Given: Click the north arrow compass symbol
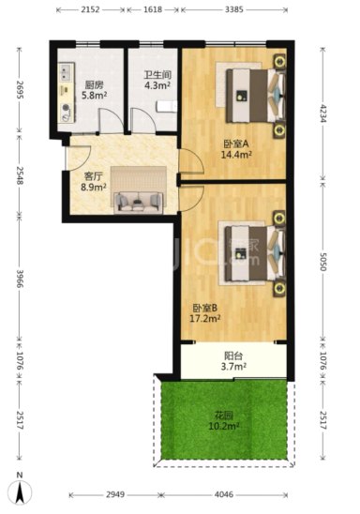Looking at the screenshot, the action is click(x=21, y=491).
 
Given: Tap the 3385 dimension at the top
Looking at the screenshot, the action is click(x=234, y=9).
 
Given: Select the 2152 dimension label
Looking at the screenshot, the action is click(x=90, y=9).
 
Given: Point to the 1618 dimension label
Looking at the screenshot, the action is click(x=153, y=9).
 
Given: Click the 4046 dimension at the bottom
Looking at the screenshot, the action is click(x=224, y=494).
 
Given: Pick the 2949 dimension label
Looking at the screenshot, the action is click(x=115, y=494).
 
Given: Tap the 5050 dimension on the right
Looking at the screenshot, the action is click(x=323, y=262).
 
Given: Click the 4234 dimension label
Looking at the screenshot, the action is click(x=323, y=113).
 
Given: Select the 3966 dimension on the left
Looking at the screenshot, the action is click(x=20, y=279).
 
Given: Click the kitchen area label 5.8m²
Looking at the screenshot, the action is click(x=95, y=96).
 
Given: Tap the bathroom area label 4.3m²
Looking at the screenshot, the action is click(x=157, y=85).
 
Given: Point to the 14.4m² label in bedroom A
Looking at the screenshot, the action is click(x=236, y=154).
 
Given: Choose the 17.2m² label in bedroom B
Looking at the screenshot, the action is click(x=205, y=318).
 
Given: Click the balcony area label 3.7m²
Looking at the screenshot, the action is click(x=233, y=366).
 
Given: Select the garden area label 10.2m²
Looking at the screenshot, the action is click(x=224, y=426).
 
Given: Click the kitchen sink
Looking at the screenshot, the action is click(x=66, y=73).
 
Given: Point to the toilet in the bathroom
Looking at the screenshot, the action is click(x=167, y=107).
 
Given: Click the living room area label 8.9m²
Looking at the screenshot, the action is click(x=94, y=187).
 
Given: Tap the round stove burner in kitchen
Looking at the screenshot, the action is click(x=67, y=107).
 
